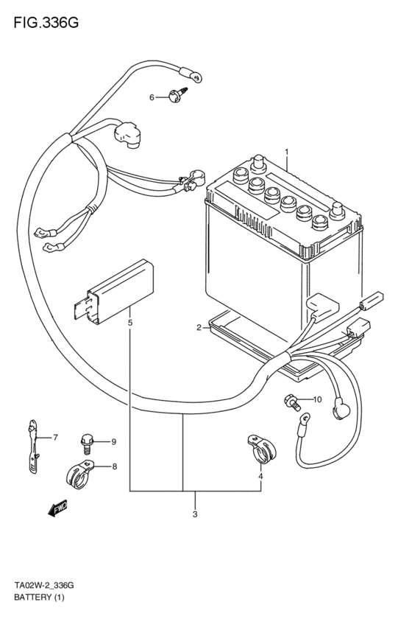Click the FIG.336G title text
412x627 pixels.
coord(46,23)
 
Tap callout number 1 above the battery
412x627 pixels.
coord(286,152)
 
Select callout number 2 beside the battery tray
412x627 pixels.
coord(199,328)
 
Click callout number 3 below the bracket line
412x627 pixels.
coord(195,514)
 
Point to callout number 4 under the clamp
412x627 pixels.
coord(260,476)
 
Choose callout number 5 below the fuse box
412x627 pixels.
coord(130,322)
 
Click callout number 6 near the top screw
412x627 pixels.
coord(152,97)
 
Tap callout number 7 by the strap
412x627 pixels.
coord(55,438)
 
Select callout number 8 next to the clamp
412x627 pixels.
coord(115,466)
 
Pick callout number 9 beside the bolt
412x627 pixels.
coord(114,442)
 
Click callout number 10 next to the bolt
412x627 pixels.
coord(317,399)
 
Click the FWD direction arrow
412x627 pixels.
coord(57,508)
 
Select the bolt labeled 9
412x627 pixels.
coord(86,444)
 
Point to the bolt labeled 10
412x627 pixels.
coord(291,402)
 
